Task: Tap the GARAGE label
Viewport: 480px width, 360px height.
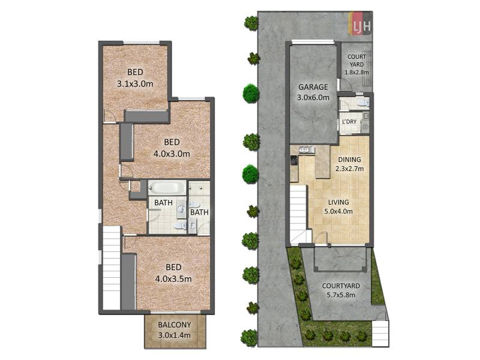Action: [313, 87]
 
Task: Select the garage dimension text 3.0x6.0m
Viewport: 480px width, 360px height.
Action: [313, 98]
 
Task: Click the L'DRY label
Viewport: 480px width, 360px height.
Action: [349, 122]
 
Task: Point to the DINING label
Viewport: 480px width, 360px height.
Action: [349, 160]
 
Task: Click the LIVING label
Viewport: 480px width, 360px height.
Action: [338, 202]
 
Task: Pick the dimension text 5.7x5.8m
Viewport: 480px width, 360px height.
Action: [341, 295]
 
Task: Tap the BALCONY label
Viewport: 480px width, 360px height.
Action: [174, 325]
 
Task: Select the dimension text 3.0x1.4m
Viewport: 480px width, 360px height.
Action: [174, 335]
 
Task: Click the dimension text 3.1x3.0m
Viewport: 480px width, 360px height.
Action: [136, 83]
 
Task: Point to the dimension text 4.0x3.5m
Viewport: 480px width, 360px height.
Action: [173, 279]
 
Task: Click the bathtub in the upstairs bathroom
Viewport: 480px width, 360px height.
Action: [167, 187]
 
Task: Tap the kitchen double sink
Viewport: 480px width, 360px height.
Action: [307, 149]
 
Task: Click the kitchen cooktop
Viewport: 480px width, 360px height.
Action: [293, 160]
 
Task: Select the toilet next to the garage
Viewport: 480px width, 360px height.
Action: [364, 102]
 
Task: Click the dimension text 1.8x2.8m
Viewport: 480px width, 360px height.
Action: [356, 73]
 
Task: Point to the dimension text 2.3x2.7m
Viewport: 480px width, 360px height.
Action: [350, 169]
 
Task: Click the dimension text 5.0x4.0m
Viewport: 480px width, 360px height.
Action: [338, 211]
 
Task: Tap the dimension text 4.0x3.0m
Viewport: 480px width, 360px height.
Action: [172, 154]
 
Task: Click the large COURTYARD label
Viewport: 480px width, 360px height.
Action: [341, 286]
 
